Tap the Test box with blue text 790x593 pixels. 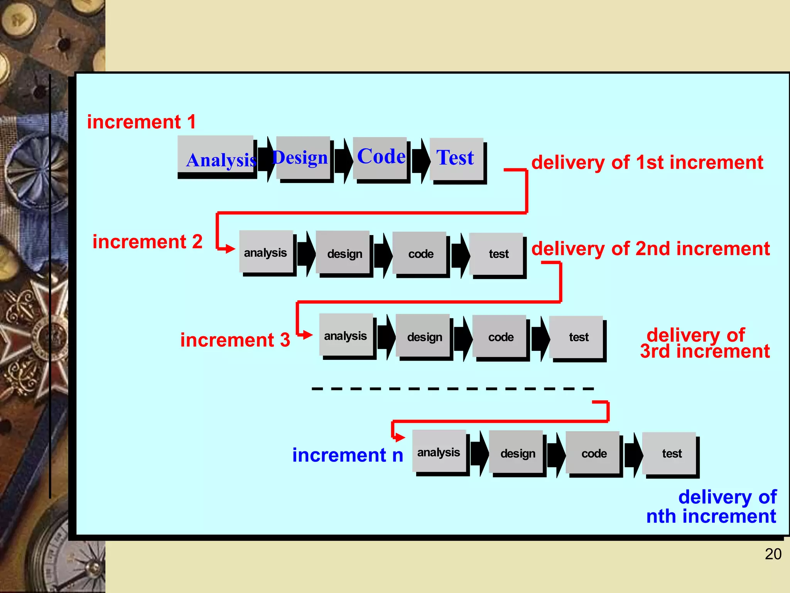(456, 159)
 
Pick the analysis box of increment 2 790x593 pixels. (266, 252)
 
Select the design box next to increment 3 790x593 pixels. (423, 336)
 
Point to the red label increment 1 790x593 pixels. (141, 122)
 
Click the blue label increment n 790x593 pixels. (347, 455)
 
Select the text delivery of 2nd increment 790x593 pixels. (650, 248)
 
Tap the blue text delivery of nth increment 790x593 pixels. (712, 507)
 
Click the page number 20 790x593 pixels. (773, 554)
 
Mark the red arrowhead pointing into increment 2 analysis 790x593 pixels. (230, 249)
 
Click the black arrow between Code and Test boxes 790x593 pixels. (421, 160)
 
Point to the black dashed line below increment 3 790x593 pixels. (452, 388)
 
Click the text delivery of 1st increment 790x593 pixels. (647, 162)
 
